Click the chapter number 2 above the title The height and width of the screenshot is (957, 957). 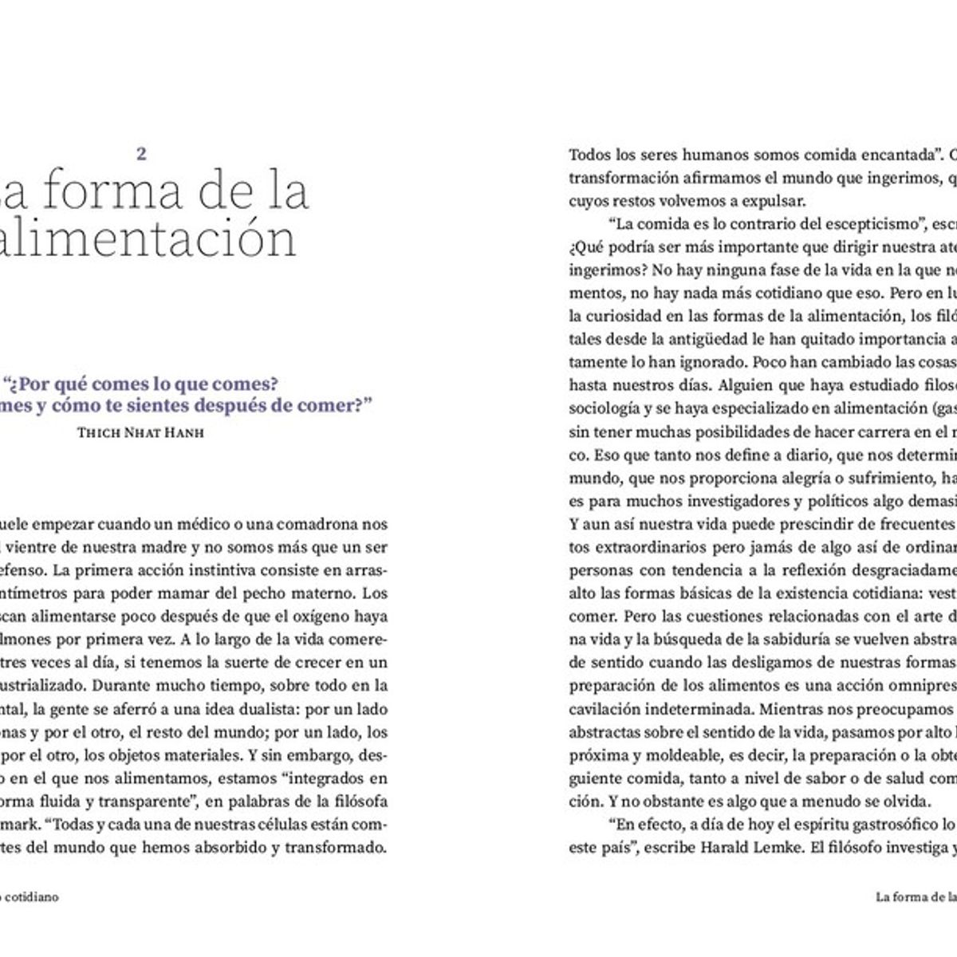[x=141, y=154]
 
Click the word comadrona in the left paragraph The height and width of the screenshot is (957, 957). [x=319, y=524]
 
